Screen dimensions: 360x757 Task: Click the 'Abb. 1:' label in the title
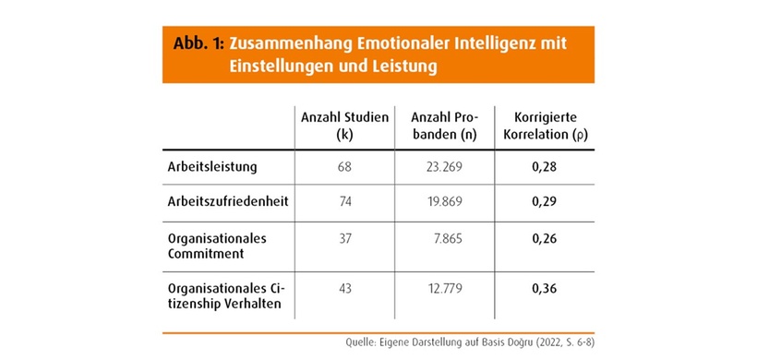pyautogui.click(x=198, y=43)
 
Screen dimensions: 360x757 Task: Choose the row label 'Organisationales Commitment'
pyautogui.click(x=218, y=246)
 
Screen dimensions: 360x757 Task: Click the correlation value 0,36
pyautogui.click(x=545, y=289)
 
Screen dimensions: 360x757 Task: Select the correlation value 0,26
pyautogui.click(x=545, y=238)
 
